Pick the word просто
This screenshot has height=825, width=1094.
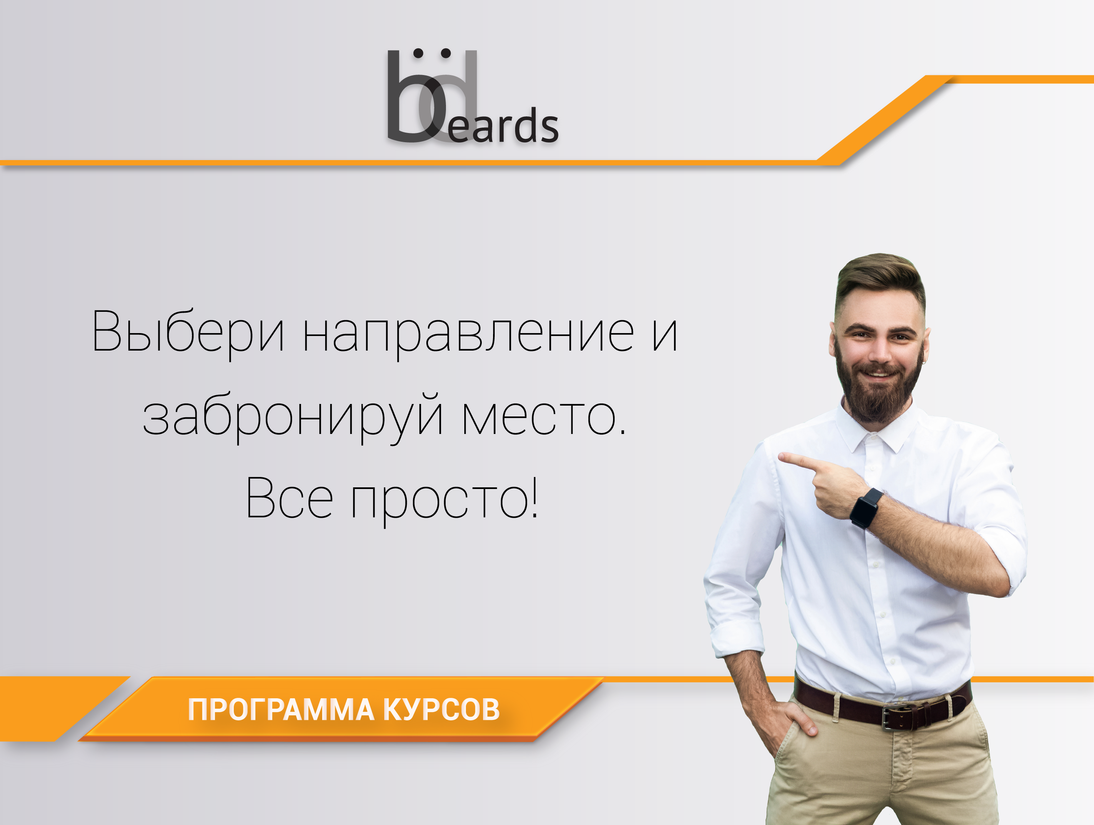coord(444,501)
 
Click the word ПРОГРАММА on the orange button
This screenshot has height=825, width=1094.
coord(281,710)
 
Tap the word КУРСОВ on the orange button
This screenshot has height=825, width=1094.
coord(442,710)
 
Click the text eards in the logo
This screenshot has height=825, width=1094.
coord(503,125)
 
